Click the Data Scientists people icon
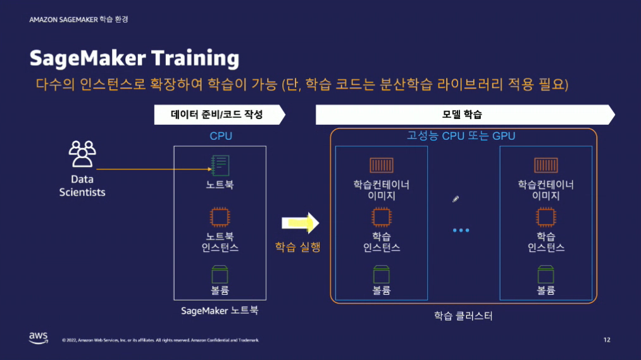pos(82,154)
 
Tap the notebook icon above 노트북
pos(219,166)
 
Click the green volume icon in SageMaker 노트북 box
pos(219,274)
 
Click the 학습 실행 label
pos(297,247)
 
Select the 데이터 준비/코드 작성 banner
pos(216,115)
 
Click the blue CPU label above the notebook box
pos(220,136)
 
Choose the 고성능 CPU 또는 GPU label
pos(461,136)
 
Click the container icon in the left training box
pos(382,166)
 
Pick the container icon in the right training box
pos(545,166)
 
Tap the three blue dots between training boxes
pos(461,230)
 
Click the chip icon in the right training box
pos(545,218)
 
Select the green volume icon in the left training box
pos(382,274)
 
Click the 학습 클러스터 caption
pos(463,316)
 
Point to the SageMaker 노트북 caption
pos(220,311)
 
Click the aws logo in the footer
pos(38,338)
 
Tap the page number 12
pos(607,340)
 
